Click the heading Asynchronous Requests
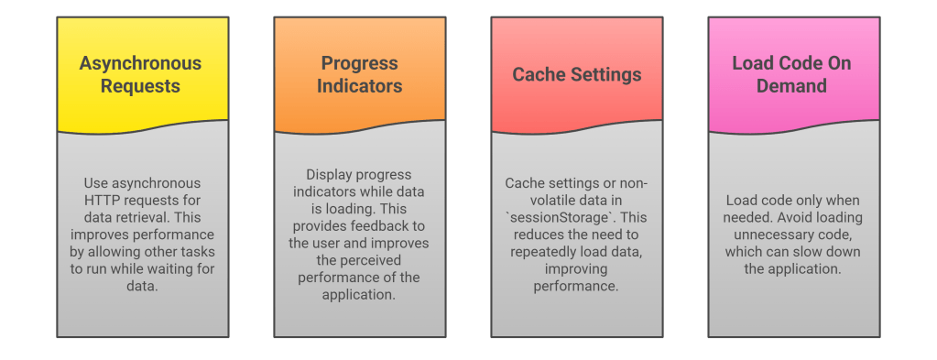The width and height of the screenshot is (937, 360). coord(140,74)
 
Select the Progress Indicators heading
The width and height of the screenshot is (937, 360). coord(359,74)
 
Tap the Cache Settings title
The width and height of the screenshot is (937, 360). coord(577,75)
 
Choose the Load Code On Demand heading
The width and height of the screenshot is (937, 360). coord(791,74)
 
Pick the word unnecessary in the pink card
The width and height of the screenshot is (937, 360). coord(760,235)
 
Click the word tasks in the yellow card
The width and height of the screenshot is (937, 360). coord(200,252)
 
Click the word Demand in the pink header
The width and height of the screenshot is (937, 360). coord(791,85)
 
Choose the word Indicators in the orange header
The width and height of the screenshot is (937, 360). coord(359,85)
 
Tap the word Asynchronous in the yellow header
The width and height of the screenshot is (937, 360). coord(140,63)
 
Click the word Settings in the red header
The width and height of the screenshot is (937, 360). coord(606,75)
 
